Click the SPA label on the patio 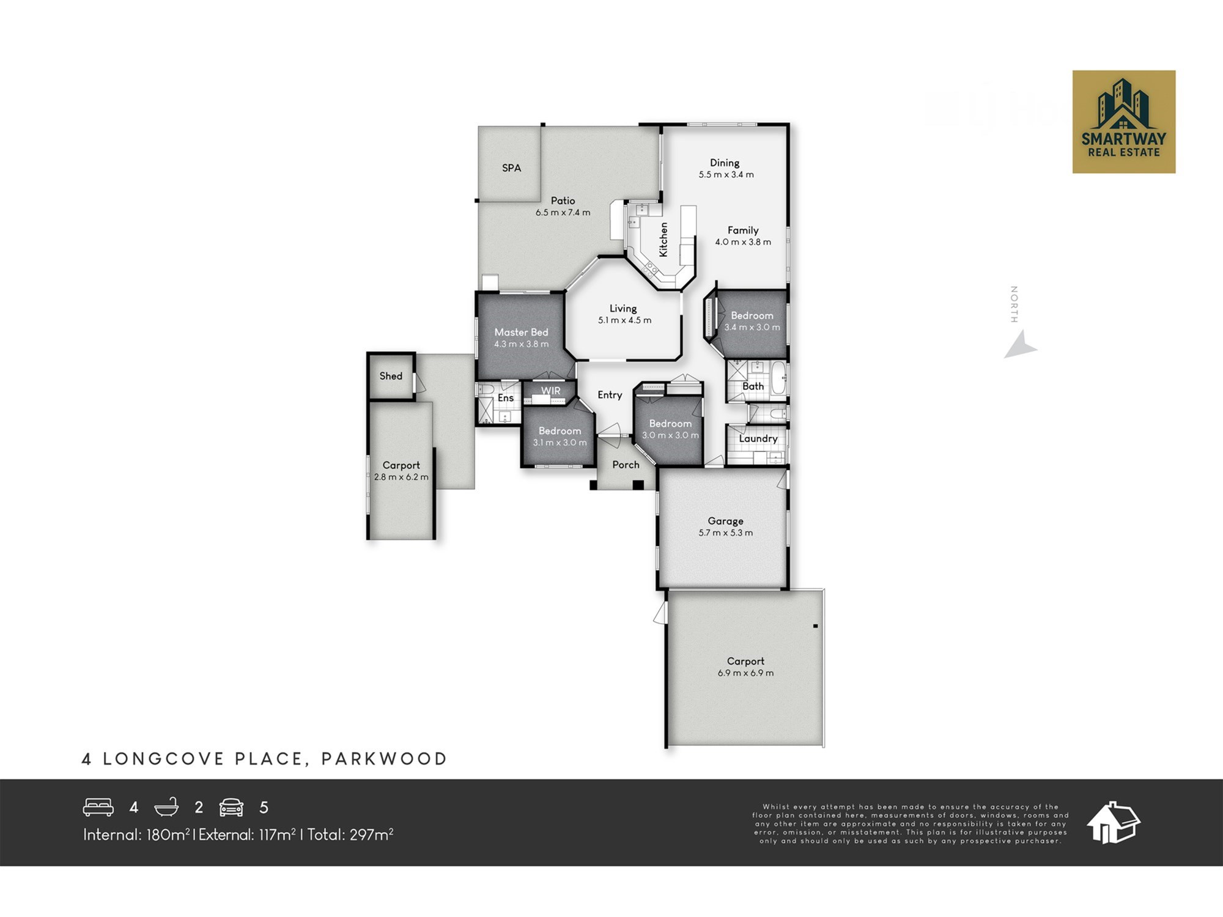click(x=511, y=168)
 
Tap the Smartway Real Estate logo click(x=1124, y=122)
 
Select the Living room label click(x=623, y=309)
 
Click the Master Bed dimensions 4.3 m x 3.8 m click(x=522, y=344)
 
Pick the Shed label click(x=391, y=376)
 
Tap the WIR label click(x=550, y=391)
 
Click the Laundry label click(x=758, y=439)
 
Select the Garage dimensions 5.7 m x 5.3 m click(x=726, y=532)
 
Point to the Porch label click(x=626, y=465)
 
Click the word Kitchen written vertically click(x=663, y=239)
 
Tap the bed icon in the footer click(x=98, y=807)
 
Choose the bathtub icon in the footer click(x=166, y=807)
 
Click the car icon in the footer click(x=232, y=808)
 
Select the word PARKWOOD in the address click(x=384, y=759)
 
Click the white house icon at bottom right click(x=1113, y=822)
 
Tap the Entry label click(x=610, y=395)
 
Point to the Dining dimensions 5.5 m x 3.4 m click(x=726, y=174)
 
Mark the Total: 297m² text click(x=350, y=834)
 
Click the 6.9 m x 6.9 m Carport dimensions click(x=746, y=673)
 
